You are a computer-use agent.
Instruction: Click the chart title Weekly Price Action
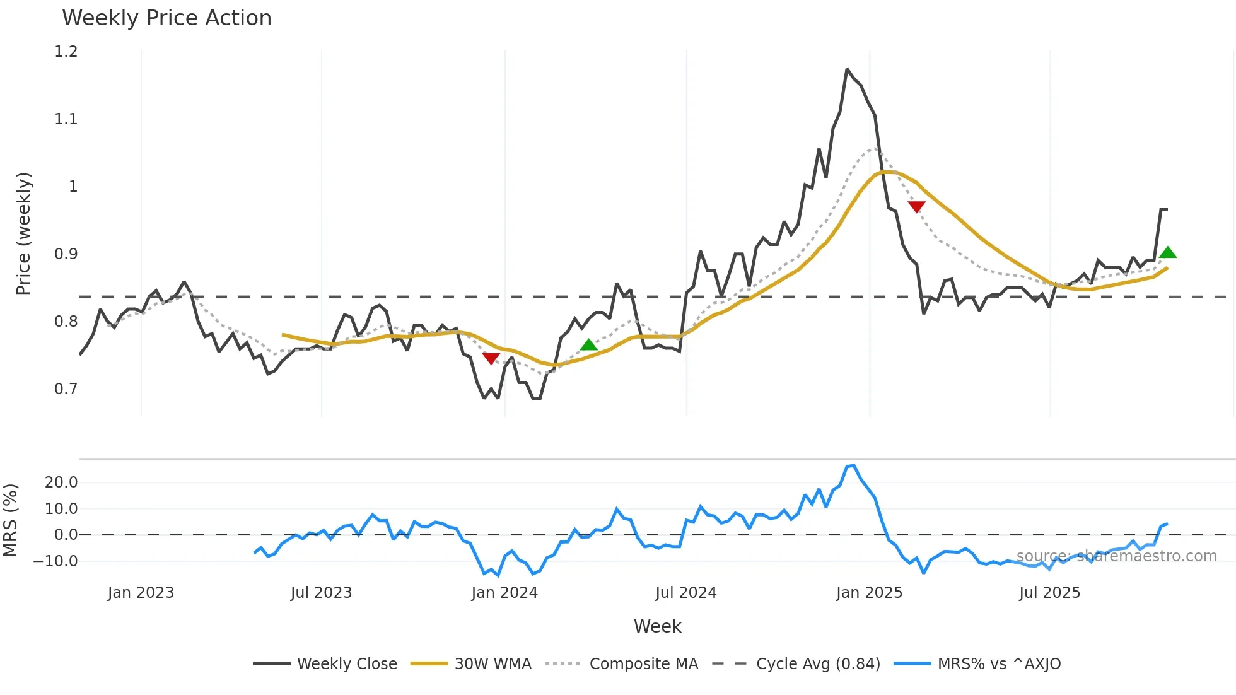pyautogui.click(x=166, y=18)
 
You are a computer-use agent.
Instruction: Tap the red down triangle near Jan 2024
pyautogui.click(x=491, y=358)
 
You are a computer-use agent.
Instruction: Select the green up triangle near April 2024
pyautogui.click(x=588, y=345)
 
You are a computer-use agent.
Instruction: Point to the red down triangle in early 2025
pyautogui.click(x=916, y=206)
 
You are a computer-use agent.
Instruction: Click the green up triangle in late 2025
pyautogui.click(x=1168, y=253)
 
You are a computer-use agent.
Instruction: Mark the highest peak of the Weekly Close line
pyautogui.click(x=847, y=69)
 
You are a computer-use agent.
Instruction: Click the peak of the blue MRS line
pyautogui.click(x=853, y=466)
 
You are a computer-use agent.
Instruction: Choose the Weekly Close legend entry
pyautogui.click(x=325, y=663)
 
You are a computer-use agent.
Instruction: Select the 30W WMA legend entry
pyautogui.click(x=471, y=663)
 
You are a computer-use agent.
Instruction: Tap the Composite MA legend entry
pyautogui.click(x=622, y=663)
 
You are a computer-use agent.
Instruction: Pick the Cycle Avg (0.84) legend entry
pyautogui.click(x=796, y=663)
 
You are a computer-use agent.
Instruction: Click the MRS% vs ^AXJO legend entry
pyautogui.click(x=977, y=663)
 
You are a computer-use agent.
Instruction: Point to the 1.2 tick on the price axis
pyautogui.click(x=66, y=52)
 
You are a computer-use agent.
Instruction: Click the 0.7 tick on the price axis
pyautogui.click(x=66, y=389)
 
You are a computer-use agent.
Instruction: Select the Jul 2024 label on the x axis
pyautogui.click(x=686, y=593)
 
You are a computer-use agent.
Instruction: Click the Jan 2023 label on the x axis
pyautogui.click(x=141, y=593)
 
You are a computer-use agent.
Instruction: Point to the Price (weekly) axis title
pyautogui.click(x=23, y=233)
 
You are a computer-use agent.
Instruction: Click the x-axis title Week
pyautogui.click(x=657, y=626)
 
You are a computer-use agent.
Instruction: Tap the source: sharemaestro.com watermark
pyautogui.click(x=1117, y=556)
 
